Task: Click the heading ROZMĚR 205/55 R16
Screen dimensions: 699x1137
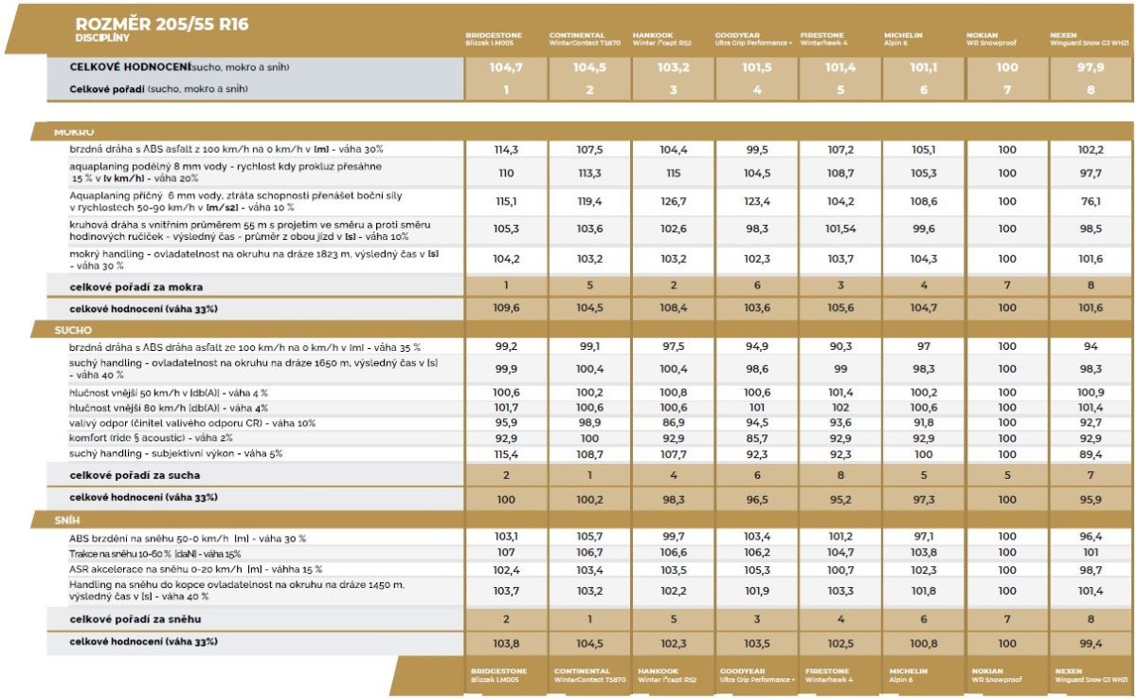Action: (161, 24)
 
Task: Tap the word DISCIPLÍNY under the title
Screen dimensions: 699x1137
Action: (102, 38)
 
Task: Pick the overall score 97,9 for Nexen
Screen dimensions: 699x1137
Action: (1091, 68)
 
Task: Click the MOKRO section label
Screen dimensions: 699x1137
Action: (73, 132)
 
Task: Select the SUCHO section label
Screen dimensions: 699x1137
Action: (73, 330)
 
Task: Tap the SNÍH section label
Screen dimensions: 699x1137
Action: (69, 520)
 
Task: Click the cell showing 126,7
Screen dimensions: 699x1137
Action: (674, 202)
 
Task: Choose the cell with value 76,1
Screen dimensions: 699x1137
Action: (1091, 202)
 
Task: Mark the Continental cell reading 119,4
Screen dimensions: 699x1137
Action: (589, 202)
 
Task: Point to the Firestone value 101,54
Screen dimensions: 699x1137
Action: (840, 229)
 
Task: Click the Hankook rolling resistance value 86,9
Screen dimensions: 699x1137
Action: (674, 422)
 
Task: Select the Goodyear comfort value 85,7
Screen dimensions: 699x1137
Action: (757, 438)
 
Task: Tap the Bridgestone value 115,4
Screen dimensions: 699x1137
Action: (506, 453)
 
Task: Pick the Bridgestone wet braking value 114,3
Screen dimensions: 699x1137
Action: (506, 150)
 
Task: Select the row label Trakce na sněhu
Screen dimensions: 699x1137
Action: (141, 553)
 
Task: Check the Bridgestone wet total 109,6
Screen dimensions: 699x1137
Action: (506, 308)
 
